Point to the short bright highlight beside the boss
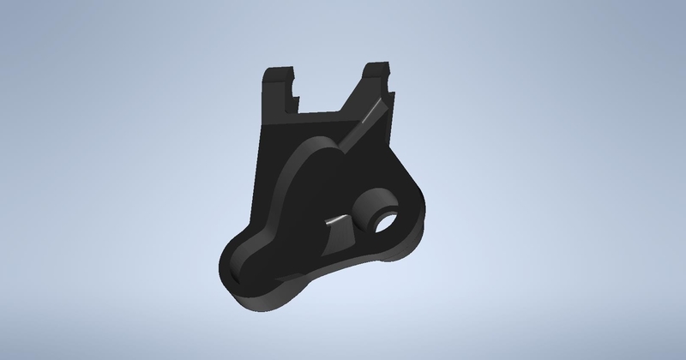pos(338,220)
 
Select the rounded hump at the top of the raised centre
pos(317,146)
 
